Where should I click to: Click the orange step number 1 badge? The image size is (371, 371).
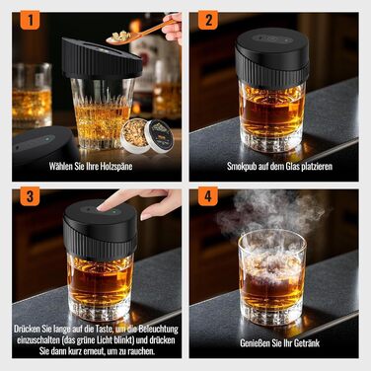30,20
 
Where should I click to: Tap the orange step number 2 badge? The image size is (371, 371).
208,20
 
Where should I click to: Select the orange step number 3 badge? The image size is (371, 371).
30,196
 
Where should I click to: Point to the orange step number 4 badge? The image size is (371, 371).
208,196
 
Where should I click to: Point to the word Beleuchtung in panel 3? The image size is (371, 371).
158,329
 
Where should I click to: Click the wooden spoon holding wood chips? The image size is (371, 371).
140,33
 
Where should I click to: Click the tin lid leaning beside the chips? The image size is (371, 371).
159,135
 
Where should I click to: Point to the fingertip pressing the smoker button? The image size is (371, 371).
103,207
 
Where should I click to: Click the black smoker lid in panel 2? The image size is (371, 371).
272,58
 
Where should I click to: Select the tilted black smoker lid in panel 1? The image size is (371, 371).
101,58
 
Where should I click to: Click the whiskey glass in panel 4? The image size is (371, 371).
272,277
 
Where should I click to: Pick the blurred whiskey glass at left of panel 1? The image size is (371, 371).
32,96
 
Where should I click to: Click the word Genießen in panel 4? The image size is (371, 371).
257,343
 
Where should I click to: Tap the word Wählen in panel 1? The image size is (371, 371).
61,166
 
